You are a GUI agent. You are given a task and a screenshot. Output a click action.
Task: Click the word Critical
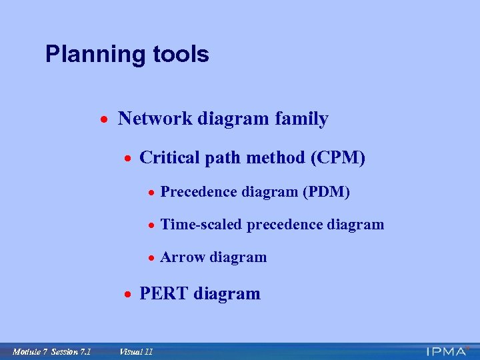[166, 158]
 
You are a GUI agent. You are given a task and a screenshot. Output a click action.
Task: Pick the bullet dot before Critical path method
[127, 159]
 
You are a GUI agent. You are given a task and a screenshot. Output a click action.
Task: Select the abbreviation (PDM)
[326, 192]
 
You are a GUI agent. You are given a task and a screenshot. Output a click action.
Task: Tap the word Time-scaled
[202, 225]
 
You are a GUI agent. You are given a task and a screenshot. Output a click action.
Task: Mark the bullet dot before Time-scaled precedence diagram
[152, 225]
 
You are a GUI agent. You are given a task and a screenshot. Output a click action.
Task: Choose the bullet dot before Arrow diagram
[152, 258]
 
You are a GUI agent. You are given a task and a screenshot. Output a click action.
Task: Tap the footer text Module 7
[31, 351]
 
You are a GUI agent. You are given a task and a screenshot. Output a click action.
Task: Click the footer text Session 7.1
[71, 351]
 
